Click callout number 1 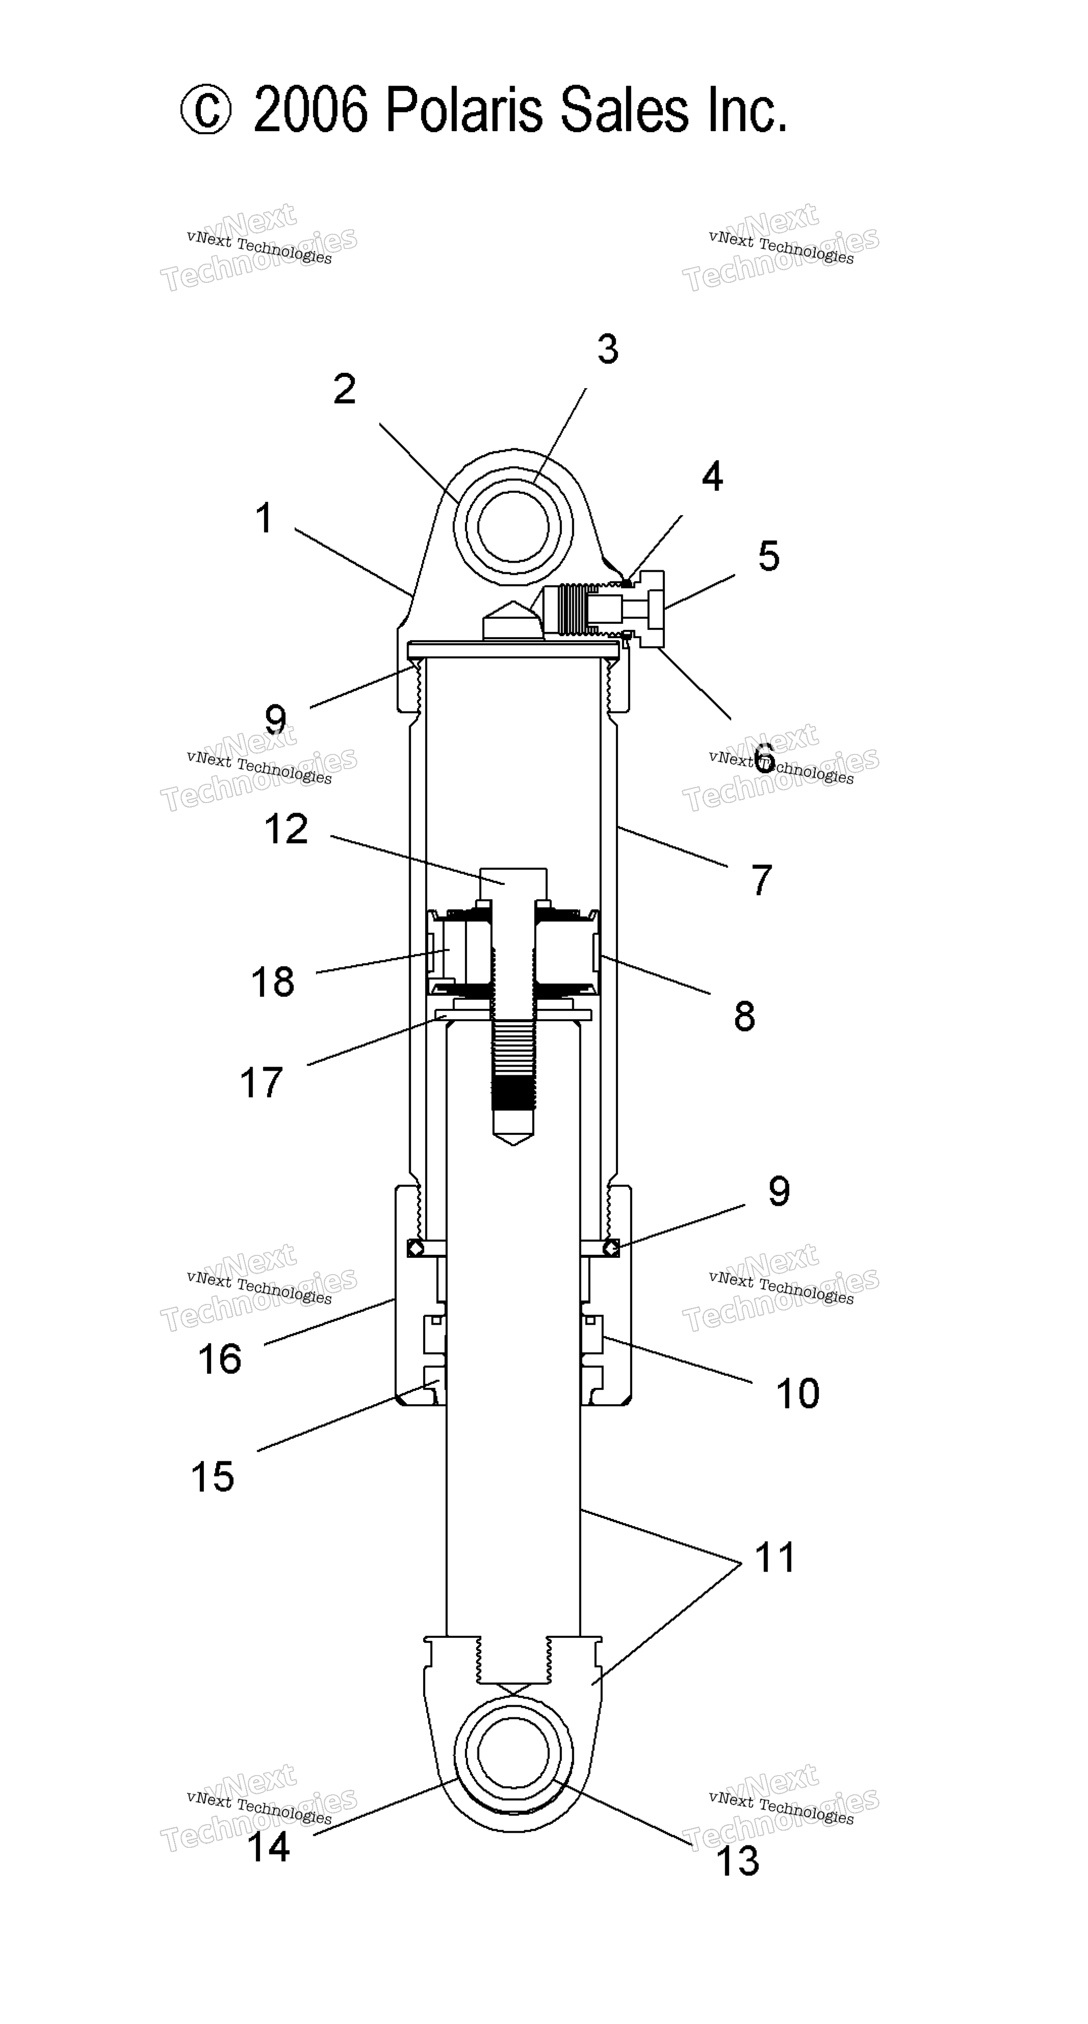[x=265, y=519]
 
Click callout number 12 [x=286, y=830]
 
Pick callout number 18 [x=273, y=982]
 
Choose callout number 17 [x=261, y=1083]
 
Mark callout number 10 [x=798, y=1394]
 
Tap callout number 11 [x=775, y=1557]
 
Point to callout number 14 [x=269, y=1846]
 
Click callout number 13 [x=738, y=1861]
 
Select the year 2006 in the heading [x=310, y=111]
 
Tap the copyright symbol [x=206, y=111]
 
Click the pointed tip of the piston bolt [x=513, y=1145]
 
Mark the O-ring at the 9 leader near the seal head [x=611, y=1248]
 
